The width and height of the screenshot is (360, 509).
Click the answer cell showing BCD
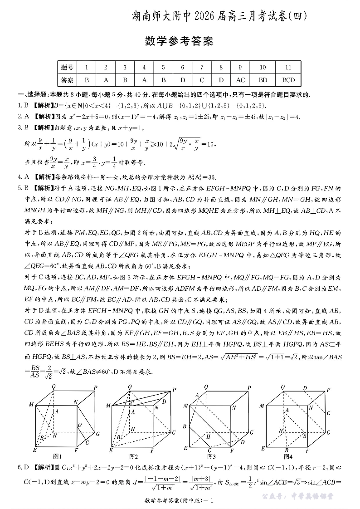pyautogui.click(x=288, y=80)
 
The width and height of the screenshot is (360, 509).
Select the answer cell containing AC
pyautogui.click(x=240, y=80)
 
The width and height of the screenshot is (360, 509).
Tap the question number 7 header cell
pyautogui.click(x=202, y=67)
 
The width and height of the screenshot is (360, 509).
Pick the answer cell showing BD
pyautogui.click(x=263, y=80)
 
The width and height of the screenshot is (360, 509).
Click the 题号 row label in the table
pyautogui.click(x=67, y=67)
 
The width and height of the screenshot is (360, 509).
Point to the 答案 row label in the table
pyautogui.click(x=67, y=80)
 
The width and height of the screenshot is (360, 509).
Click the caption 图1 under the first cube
pyautogui.click(x=57, y=456)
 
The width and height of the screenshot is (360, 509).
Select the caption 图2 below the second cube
pyautogui.click(x=133, y=456)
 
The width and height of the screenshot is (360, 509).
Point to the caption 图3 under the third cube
pyautogui.click(x=211, y=456)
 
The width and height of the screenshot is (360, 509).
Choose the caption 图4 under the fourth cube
pyautogui.click(x=287, y=456)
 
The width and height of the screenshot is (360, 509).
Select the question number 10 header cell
pyautogui.click(x=263, y=67)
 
